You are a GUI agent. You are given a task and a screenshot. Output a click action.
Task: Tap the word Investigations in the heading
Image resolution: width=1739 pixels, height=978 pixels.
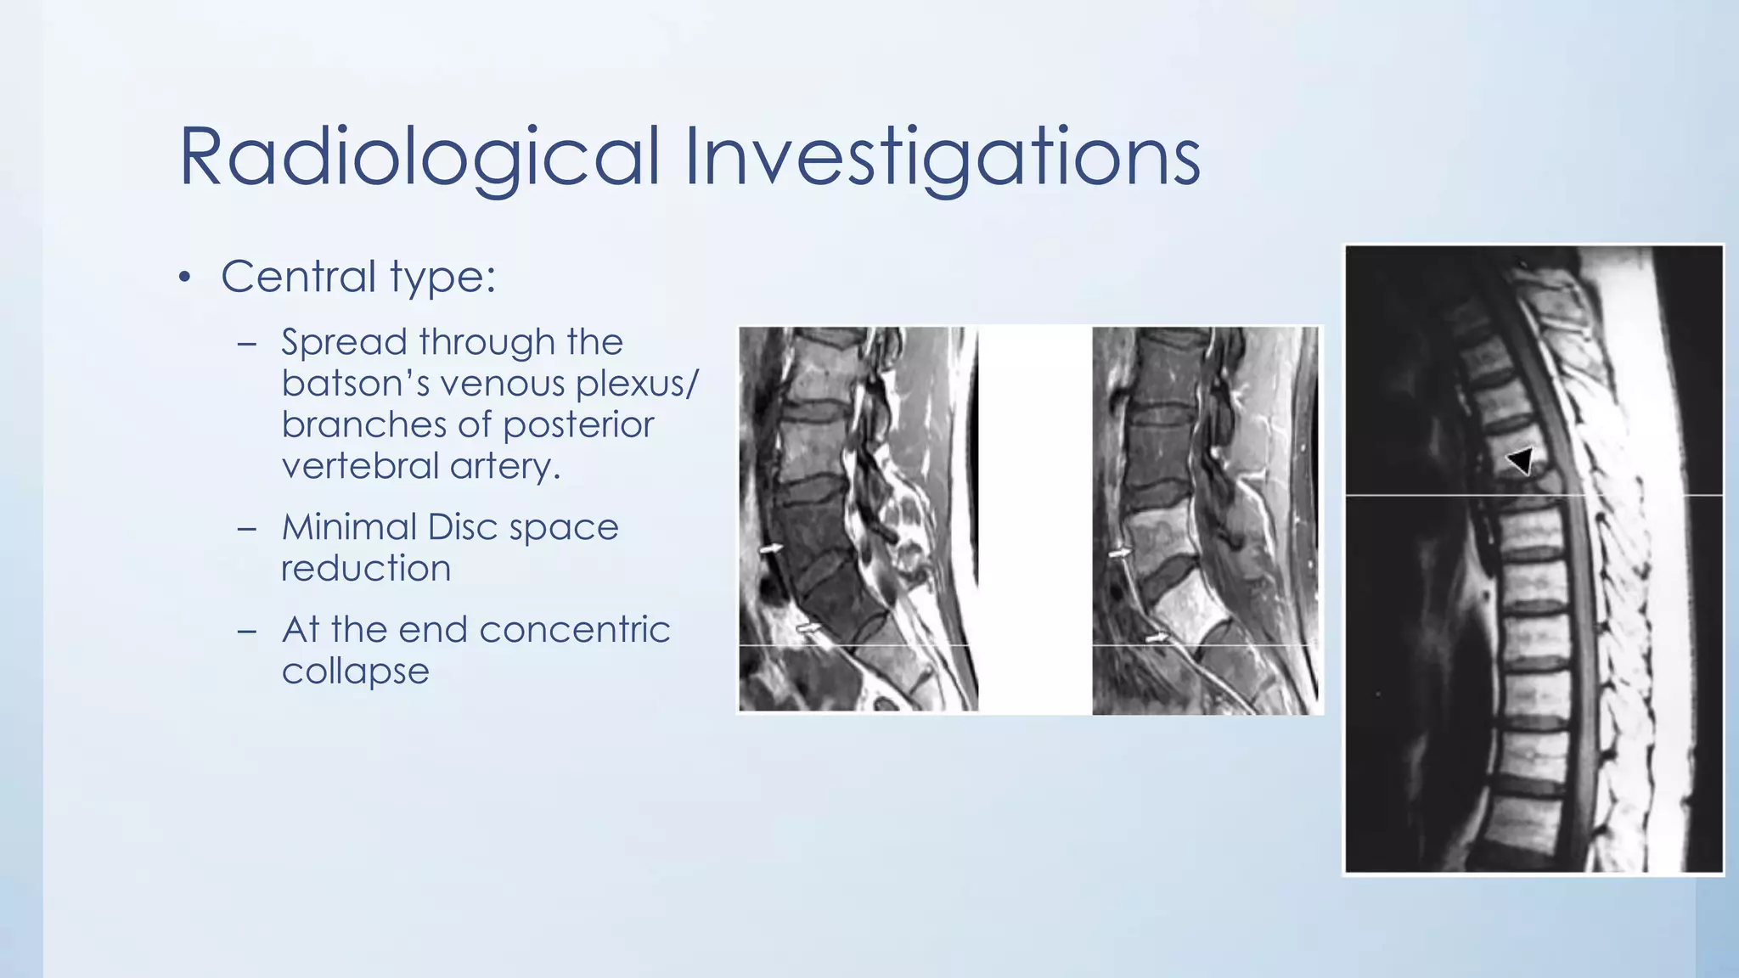click(x=942, y=157)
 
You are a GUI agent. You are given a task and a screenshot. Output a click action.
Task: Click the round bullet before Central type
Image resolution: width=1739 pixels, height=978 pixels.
click(x=185, y=278)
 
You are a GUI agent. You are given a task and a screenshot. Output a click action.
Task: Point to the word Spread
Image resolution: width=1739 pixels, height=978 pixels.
click(x=345, y=343)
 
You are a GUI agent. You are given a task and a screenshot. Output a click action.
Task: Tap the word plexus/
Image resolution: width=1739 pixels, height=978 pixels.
click(x=637, y=384)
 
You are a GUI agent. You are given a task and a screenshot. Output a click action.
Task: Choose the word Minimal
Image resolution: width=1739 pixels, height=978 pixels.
click(x=348, y=527)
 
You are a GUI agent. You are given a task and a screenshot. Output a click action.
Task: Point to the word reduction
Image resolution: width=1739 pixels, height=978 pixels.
click(x=366, y=569)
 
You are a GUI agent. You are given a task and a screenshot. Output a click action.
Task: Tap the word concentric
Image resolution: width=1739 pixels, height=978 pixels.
click(x=575, y=630)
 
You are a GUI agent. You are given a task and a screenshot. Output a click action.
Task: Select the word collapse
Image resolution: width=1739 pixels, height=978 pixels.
click(x=355, y=672)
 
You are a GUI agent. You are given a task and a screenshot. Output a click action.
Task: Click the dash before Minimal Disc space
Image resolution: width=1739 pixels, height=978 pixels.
click(x=247, y=529)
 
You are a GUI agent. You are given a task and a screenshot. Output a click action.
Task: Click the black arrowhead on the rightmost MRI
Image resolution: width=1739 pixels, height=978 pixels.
click(x=1521, y=461)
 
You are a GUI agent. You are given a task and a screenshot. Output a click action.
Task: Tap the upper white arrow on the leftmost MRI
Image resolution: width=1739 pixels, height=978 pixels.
click(x=770, y=549)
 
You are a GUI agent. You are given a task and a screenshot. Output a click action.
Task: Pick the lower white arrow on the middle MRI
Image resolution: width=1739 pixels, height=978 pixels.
click(x=1157, y=637)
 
